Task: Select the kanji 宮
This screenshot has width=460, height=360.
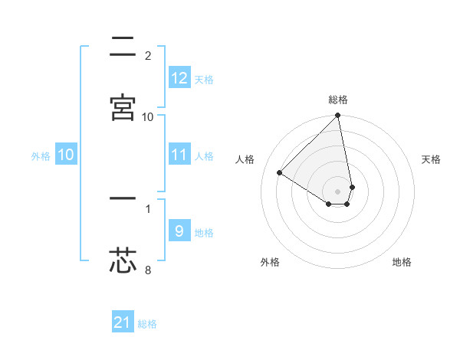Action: [123, 106]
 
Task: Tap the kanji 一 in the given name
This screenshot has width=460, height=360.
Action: [123, 198]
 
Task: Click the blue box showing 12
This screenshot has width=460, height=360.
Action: [179, 78]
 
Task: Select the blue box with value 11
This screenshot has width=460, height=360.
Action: [179, 155]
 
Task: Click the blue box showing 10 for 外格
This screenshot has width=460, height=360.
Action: [66, 155]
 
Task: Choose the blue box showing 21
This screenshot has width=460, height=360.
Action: [123, 322]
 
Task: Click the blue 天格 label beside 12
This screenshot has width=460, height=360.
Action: [204, 80]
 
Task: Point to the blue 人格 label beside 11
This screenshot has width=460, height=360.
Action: [204, 156]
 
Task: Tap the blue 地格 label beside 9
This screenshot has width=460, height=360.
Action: [204, 233]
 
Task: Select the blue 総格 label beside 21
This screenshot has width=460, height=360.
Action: [147, 324]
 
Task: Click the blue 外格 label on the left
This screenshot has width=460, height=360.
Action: [41, 156]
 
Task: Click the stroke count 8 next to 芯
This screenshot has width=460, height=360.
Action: [148, 270]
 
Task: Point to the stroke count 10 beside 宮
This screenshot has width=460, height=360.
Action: [148, 116]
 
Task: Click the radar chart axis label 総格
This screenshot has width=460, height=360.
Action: [338, 100]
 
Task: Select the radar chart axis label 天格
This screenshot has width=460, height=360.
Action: [431, 159]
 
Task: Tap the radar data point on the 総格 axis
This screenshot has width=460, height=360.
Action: [338, 116]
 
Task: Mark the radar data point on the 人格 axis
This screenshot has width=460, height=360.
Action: [280, 173]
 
